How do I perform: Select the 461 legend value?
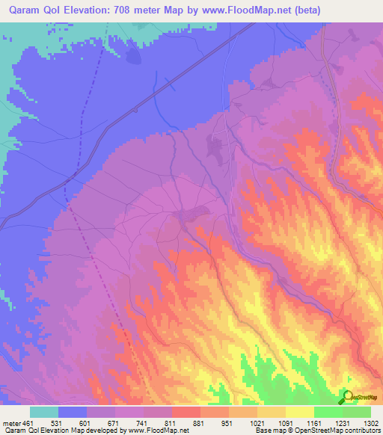(28, 423)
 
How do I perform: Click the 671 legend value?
(114, 423)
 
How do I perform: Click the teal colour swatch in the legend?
(44, 412)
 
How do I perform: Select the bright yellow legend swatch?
(299, 412)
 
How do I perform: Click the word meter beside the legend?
(10, 423)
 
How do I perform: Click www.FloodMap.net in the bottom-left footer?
(156, 431)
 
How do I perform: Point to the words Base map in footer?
(268, 431)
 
